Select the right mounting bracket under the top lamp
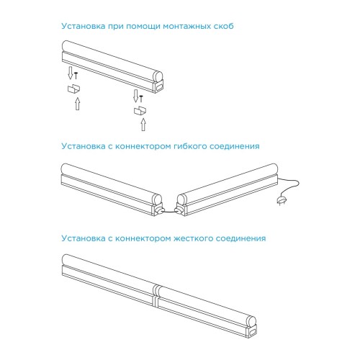pos(139,111)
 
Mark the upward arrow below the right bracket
pos(143,127)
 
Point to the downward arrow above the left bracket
pos(71,73)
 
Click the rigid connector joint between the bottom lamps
pos(156,295)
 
